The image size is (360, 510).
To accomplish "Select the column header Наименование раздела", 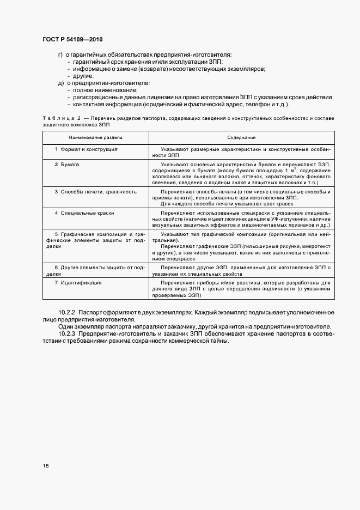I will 95,138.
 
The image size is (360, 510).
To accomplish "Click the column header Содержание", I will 242,138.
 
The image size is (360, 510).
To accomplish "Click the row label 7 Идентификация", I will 82,283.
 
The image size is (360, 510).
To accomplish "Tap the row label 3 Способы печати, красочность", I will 96,192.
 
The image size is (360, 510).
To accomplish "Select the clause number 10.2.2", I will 68,313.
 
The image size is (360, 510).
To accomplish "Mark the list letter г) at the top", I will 60,55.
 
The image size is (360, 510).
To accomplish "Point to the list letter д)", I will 61,83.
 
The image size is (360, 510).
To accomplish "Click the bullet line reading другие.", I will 83,76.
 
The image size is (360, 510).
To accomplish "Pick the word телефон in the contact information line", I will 253,105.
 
